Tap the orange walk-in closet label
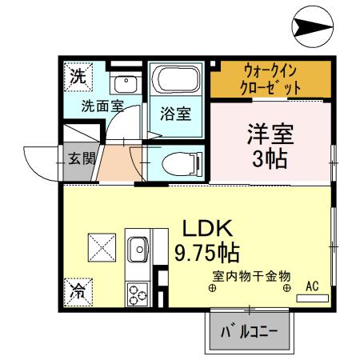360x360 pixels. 274,79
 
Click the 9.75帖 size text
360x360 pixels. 206,254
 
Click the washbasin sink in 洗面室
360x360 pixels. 124,83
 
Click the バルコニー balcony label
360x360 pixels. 250,330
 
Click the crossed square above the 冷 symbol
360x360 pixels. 102,246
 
